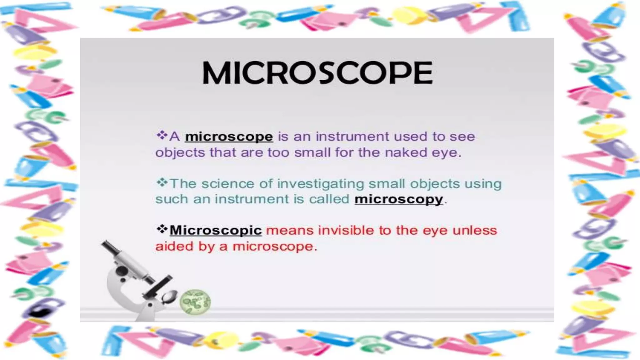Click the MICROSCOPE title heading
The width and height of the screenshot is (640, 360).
coord(317,73)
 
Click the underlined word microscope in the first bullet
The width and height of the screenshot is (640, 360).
coord(229,137)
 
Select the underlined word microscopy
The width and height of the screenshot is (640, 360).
coord(399,199)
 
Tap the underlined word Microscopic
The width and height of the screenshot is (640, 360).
coord(216,230)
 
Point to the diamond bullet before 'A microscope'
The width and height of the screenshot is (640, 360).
coord(162,135)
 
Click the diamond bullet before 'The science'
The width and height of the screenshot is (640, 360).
coord(162,182)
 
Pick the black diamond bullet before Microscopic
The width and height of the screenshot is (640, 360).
coord(162,229)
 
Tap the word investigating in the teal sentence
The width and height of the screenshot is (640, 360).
coord(320,184)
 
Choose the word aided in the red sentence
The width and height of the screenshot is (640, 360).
coord(173,246)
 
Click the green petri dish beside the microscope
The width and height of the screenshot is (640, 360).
coord(195,302)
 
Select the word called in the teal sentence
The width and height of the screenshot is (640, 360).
coord(329,199)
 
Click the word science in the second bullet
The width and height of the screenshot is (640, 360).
coord(227,184)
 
